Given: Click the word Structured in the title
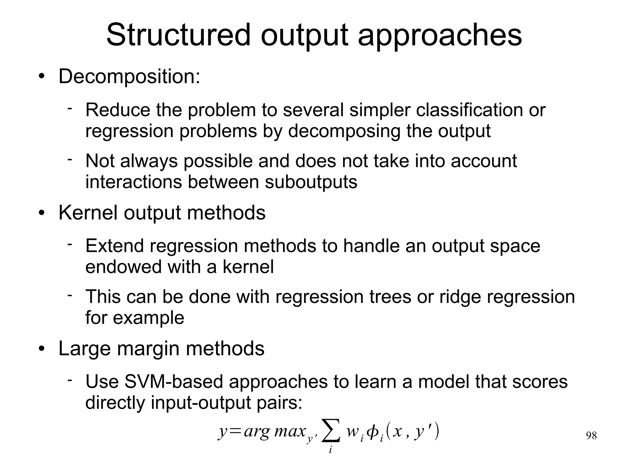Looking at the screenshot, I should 178,35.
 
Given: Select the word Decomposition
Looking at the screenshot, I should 129,76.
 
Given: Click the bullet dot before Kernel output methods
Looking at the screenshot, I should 42,213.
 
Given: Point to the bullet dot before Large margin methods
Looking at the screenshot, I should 42,349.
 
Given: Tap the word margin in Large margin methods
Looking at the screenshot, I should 147,349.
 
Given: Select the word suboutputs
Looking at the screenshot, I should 311,182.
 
